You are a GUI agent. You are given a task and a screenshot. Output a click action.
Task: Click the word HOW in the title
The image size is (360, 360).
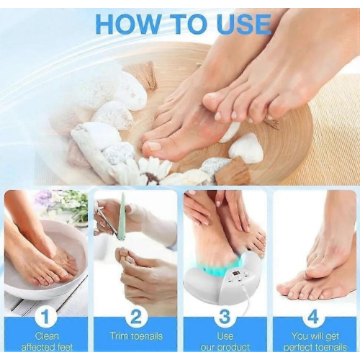(126, 24)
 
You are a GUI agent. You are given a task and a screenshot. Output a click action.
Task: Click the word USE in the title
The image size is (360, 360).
(245, 24)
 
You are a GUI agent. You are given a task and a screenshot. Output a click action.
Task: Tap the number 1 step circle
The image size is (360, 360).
(46, 316)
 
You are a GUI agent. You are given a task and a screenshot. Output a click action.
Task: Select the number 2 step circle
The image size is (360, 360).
(135, 316)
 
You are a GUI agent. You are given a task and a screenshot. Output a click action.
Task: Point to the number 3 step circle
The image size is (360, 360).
(225, 316)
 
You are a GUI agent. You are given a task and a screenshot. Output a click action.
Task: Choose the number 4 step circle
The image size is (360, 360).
(315, 316)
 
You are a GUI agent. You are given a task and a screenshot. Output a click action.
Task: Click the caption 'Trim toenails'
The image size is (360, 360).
(136, 336)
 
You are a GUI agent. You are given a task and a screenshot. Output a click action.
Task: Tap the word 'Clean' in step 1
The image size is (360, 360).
(47, 336)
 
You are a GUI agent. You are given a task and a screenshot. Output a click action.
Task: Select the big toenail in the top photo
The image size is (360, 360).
(154, 145)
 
